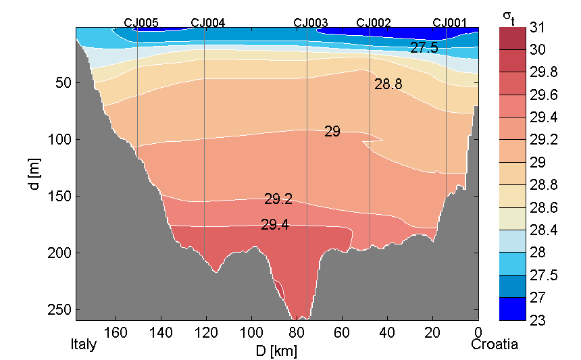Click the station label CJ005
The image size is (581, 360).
coord(141,22)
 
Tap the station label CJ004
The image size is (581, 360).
coord(208,22)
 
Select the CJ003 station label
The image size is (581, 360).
coord(310,22)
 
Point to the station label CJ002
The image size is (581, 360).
coord(373,22)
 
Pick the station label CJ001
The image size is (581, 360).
coord(449,22)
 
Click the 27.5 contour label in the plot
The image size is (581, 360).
coord(424,48)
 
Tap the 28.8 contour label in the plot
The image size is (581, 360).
coord(388,84)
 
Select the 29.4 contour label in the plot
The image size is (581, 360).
coord(275,225)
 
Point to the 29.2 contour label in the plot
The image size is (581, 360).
coord(278,199)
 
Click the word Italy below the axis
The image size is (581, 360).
coord(84,344)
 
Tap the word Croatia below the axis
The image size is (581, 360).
coord(495,344)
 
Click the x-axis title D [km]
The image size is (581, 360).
coord(276,351)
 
